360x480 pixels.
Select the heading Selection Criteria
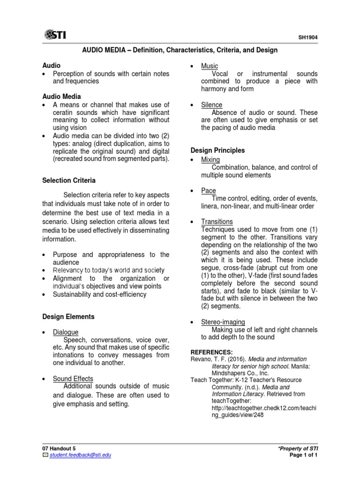pyautogui.click(x=69, y=180)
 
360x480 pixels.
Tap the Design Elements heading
pyautogui.click(x=68, y=317)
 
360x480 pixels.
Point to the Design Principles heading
pyautogui.click(x=217, y=150)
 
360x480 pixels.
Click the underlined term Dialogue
pyautogui.click(x=66, y=332)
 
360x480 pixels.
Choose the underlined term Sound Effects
pyautogui.click(x=73, y=378)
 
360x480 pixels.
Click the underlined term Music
pyautogui.click(x=210, y=66)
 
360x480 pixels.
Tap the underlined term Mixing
pyautogui.click(x=210, y=160)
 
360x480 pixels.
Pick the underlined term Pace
pyautogui.click(x=209, y=190)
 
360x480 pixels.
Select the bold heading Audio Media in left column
pyautogui.click(x=61, y=97)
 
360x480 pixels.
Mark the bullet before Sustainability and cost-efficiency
pyautogui.click(x=44, y=295)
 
